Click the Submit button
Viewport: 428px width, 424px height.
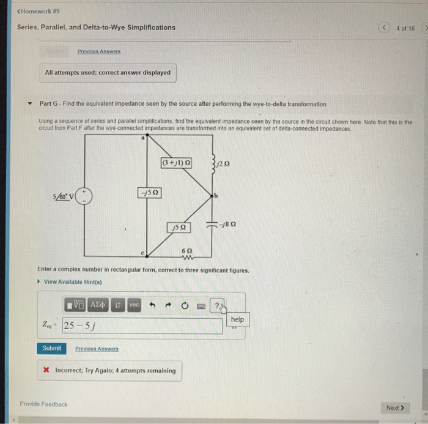point(52,348)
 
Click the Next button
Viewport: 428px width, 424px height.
point(395,407)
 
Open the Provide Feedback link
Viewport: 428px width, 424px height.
point(43,404)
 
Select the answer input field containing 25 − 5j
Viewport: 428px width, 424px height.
point(141,325)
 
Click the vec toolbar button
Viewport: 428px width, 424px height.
point(135,305)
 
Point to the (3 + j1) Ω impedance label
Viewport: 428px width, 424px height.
point(176,163)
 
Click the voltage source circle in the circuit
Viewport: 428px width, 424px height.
point(85,196)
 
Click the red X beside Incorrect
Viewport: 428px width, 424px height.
point(46,370)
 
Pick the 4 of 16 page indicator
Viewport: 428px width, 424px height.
point(405,28)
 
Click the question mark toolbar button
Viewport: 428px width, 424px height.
point(218,305)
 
